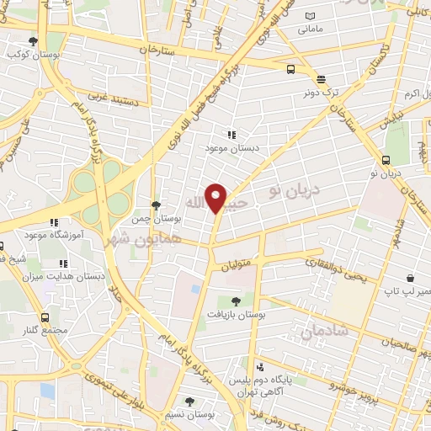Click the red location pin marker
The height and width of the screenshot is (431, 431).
(x=216, y=198)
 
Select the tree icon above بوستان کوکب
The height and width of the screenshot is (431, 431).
(x=33, y=40)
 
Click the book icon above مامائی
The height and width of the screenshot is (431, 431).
(x=311, y=16)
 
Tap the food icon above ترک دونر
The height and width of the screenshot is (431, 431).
(x=321, y=79)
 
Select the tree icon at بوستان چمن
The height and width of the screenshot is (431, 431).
(x=155, y=205)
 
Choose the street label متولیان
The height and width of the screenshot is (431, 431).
(x=237, y=266)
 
